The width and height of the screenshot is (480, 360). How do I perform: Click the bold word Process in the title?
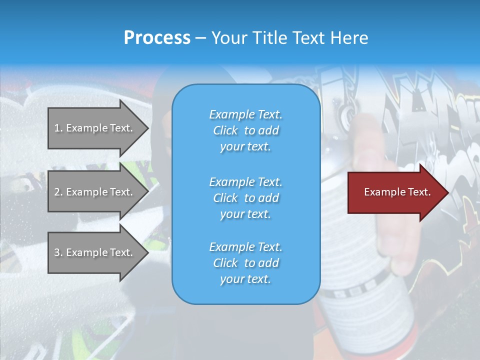click(157, 38)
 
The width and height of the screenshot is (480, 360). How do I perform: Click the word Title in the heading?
click(268, 38)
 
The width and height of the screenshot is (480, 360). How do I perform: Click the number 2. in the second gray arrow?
click(58, 192)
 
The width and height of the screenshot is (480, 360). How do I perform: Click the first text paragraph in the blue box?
click(245, 130)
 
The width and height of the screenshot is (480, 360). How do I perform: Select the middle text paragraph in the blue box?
click(245, 198)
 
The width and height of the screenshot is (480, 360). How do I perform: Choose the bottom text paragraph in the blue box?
click(245, 263)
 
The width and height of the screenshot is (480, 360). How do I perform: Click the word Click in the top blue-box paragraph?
click(225, 130)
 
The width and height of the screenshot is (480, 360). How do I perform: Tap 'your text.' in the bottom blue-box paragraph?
click(245, 279)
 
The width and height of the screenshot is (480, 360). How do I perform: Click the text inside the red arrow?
click(397, 192)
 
